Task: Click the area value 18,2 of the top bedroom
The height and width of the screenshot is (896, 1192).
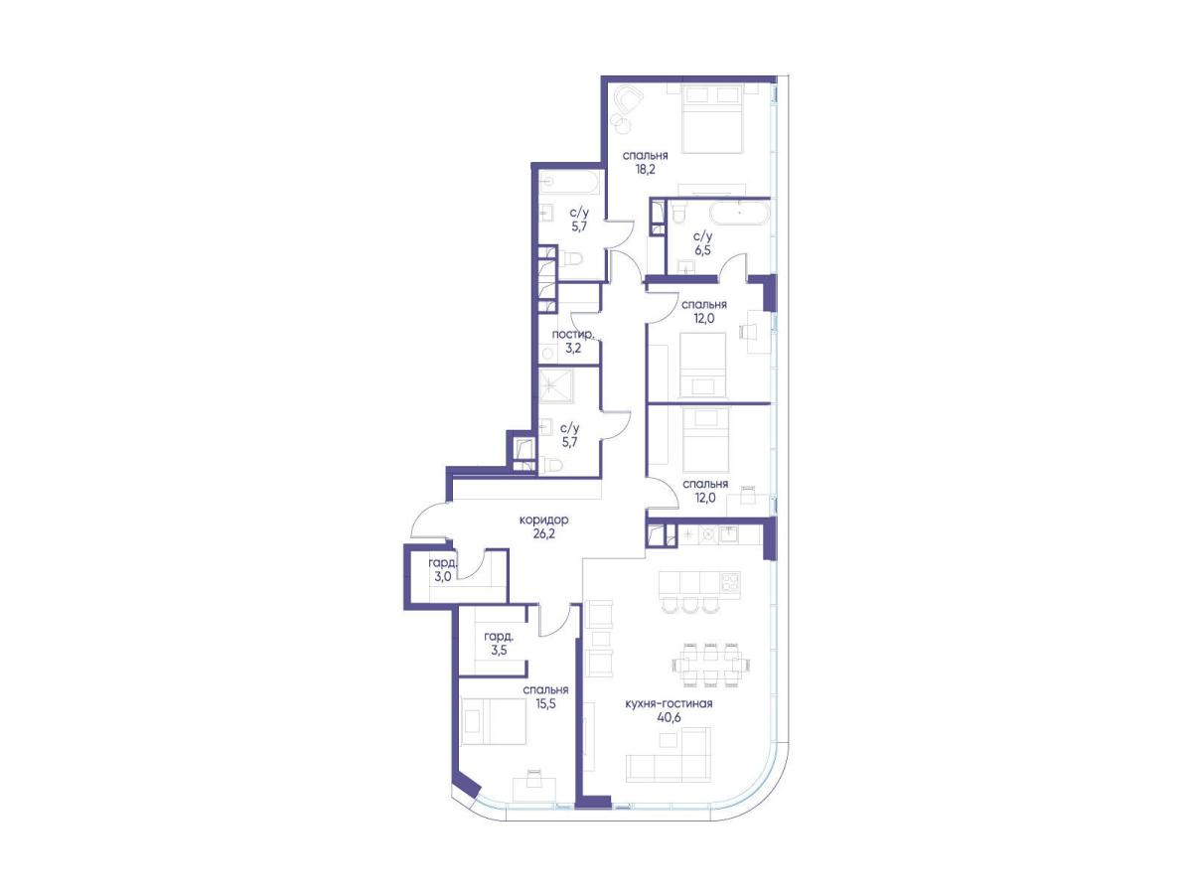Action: [x=645, y=170]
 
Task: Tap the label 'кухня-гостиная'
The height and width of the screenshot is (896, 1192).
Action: [x=669, y=703]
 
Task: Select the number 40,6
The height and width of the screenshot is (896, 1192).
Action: [x=669, y=717]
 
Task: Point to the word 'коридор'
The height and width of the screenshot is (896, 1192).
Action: [x=544, y=520]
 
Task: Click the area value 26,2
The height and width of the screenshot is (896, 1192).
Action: [x=544, y=533]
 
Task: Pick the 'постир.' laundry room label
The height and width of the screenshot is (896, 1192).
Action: [x=573, y=335]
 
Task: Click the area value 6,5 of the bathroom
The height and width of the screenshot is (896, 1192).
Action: [x=702, y=250]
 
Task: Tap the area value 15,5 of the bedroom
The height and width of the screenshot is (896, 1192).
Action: [x=545, y=704]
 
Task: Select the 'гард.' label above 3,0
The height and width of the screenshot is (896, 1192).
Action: [x=443, y=562]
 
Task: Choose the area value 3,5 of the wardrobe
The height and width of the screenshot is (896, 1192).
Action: [x=499, y=650]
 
